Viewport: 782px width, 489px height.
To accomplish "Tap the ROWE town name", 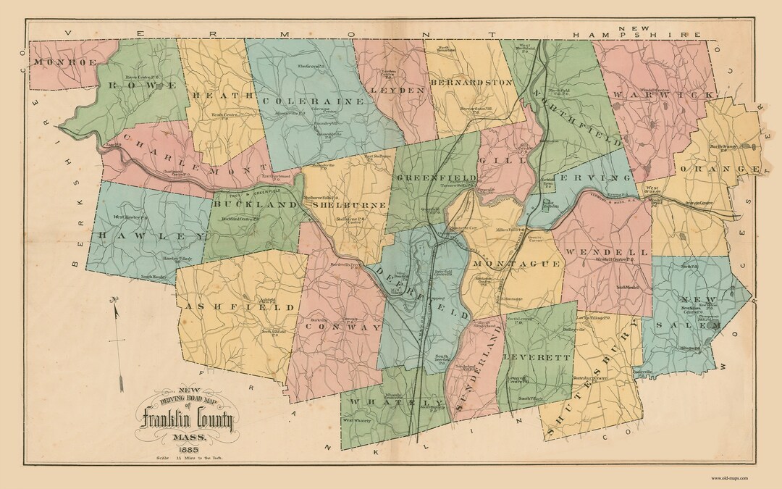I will point(143,85).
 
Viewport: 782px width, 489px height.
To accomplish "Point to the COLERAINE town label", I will point(313,101).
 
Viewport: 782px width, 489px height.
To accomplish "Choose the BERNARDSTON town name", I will point(471,83).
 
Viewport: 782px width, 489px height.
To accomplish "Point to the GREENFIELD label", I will point(436,177).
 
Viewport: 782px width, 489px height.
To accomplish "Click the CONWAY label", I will point(343,327).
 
